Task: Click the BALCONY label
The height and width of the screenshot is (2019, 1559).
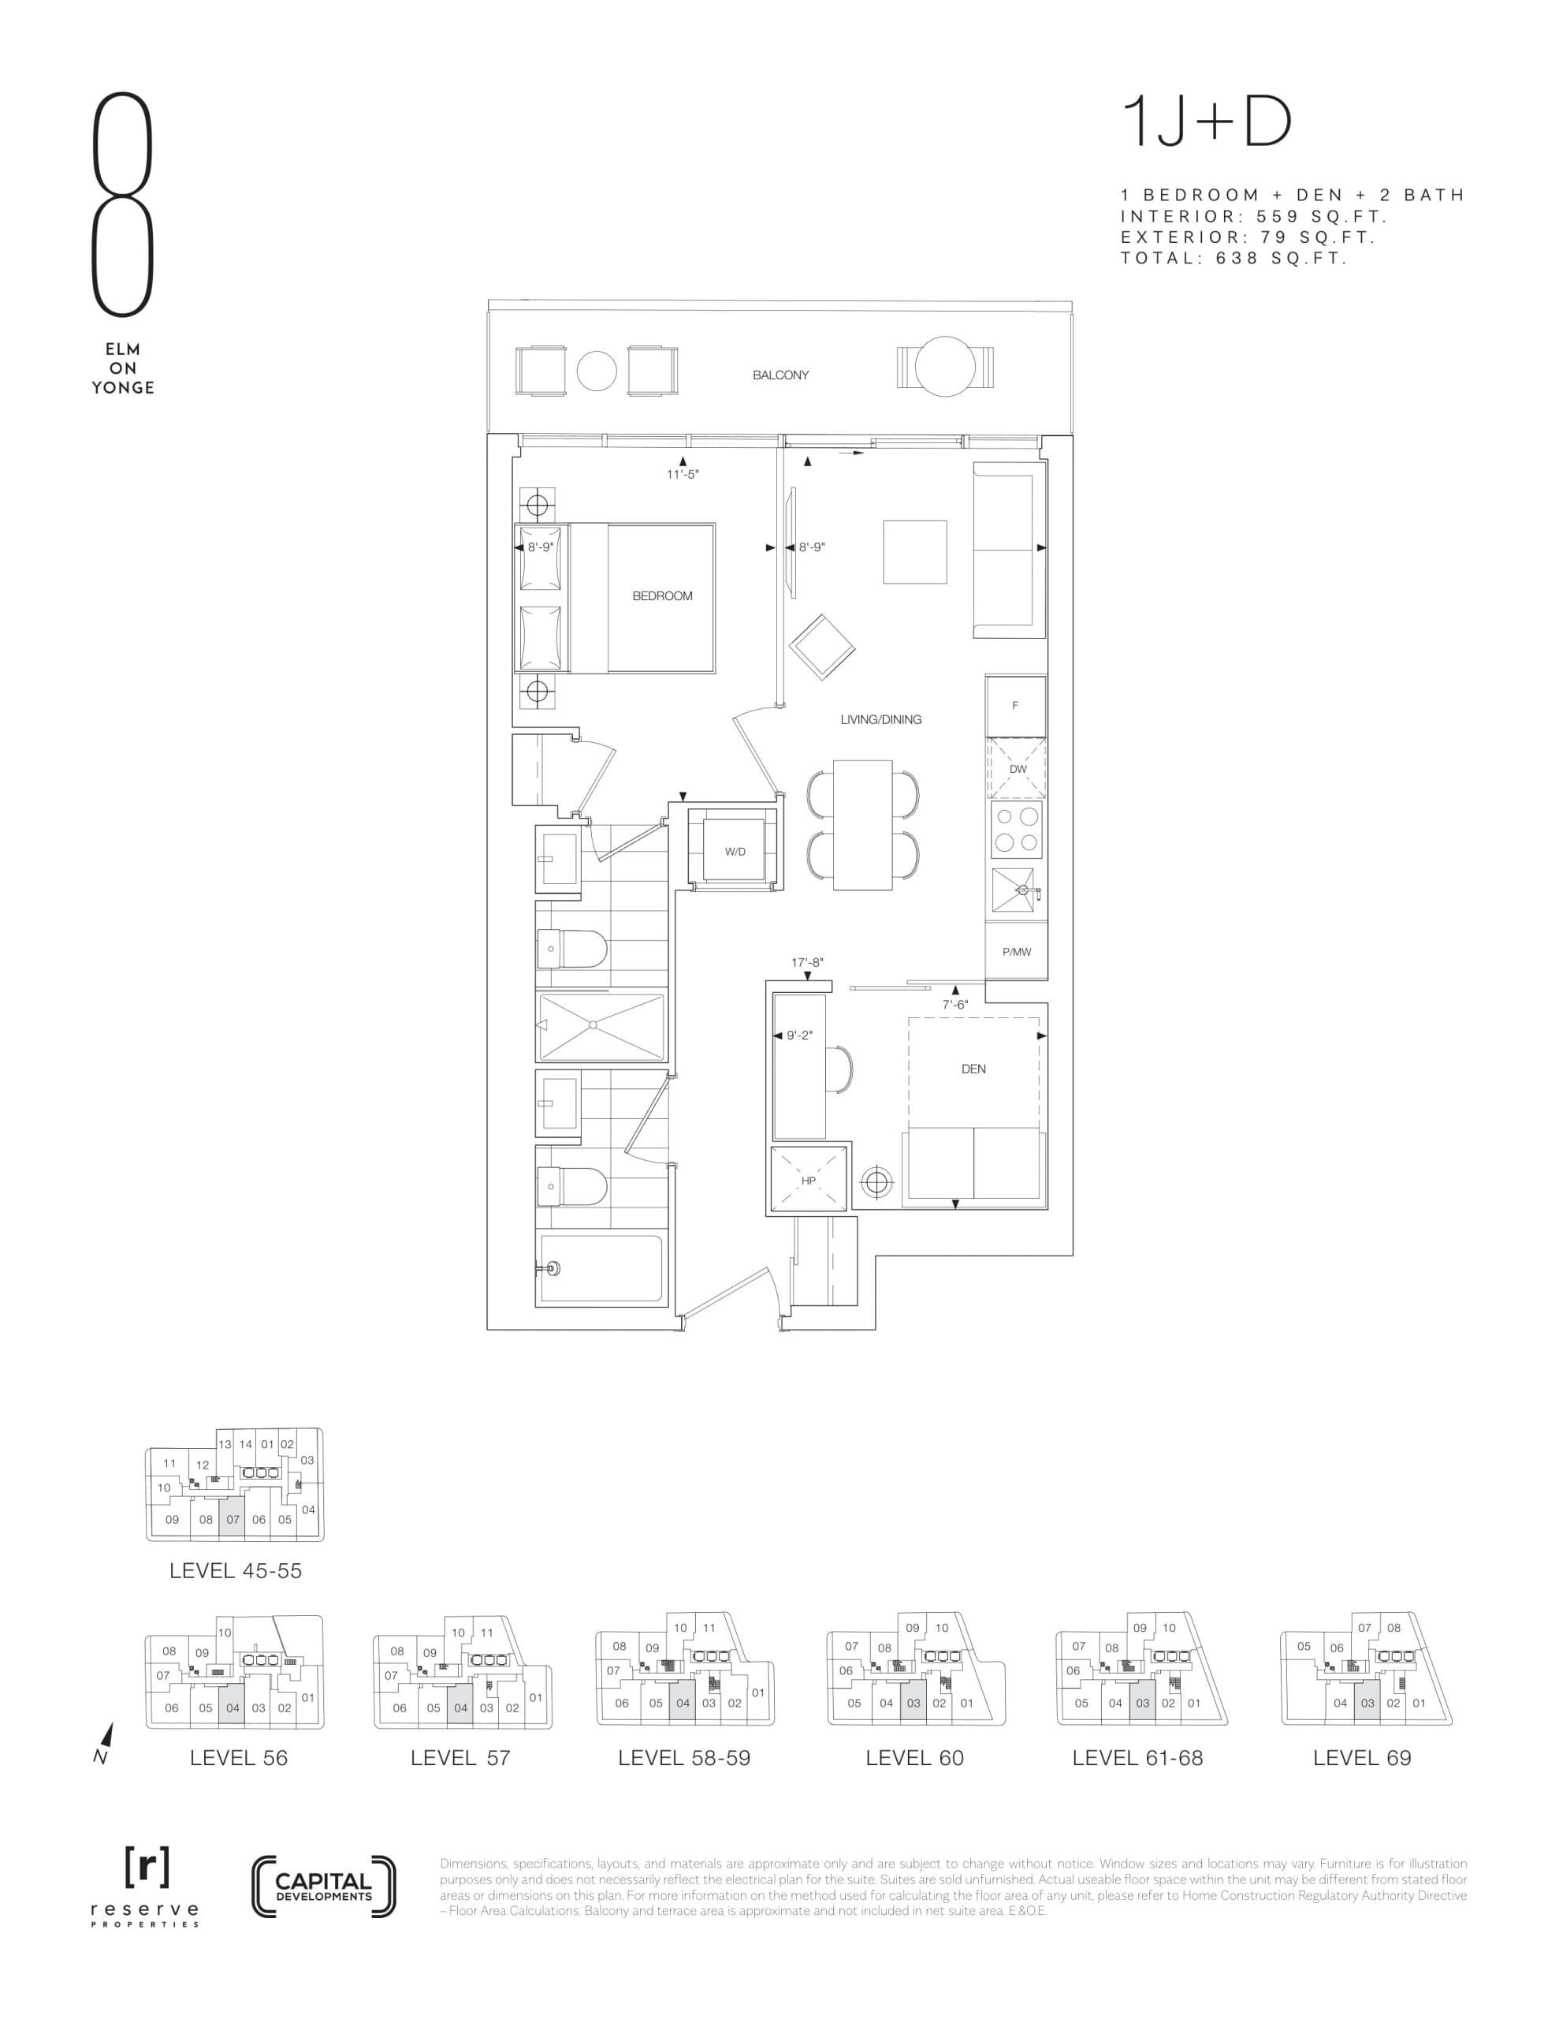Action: [780, 375]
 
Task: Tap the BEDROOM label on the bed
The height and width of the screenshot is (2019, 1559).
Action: [662, 595]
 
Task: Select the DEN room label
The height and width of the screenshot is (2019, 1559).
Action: [973, 1069]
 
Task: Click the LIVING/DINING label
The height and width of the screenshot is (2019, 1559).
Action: [880, 719]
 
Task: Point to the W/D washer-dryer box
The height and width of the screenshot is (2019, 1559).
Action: [735, 852]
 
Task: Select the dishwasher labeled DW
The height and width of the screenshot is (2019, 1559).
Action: [1017, 769]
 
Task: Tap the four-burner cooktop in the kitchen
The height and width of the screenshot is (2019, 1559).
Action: [1017, 830]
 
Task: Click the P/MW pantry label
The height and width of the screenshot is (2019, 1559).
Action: [1016, 951]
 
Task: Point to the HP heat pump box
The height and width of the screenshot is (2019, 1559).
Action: [809, 1181]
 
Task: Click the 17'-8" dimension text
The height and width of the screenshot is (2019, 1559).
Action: [807, 962]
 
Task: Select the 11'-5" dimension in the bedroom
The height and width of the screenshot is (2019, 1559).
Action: [683, 474]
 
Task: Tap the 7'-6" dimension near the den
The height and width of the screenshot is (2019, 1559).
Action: [954, 1005]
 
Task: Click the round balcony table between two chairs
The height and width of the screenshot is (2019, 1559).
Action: [596, 371]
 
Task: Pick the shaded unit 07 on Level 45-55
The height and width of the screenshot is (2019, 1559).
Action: [232, 1519]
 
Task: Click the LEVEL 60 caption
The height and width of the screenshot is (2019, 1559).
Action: [914, 1758]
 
